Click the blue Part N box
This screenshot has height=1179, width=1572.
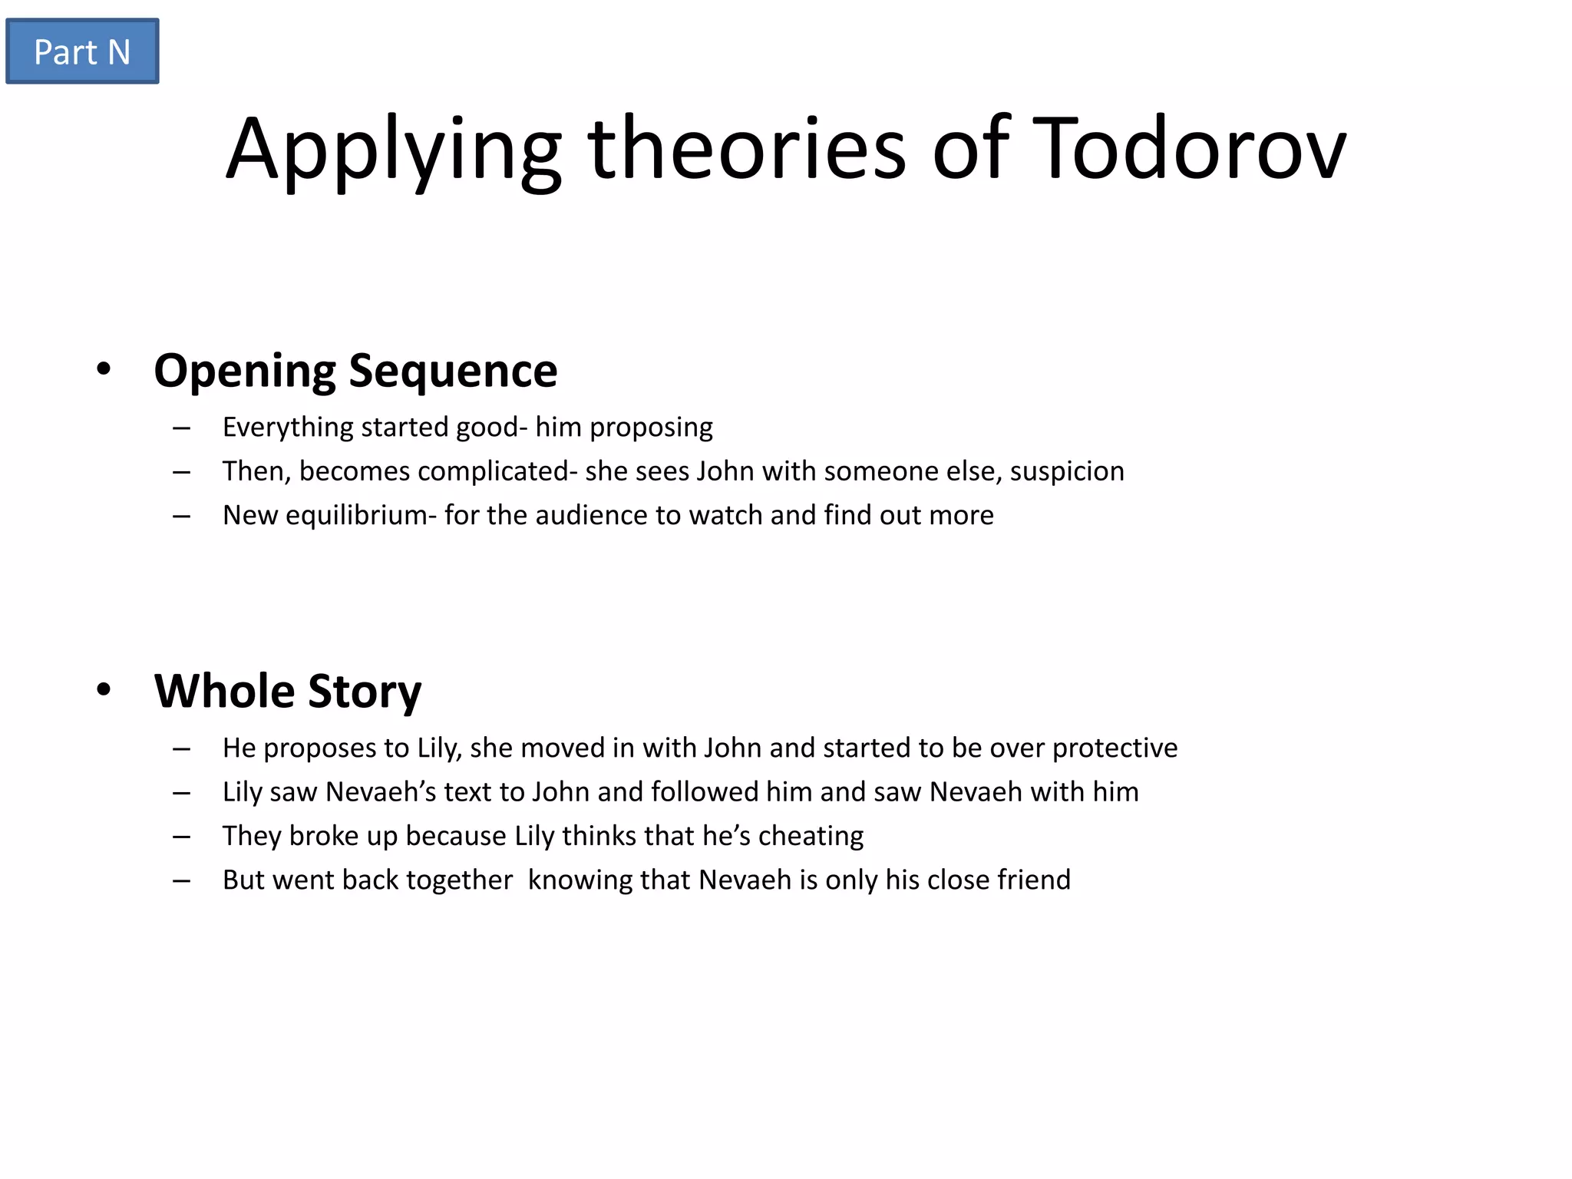(82, 51)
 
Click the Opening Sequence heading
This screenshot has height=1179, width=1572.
(355, 371)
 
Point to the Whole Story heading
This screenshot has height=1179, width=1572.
(288, 691)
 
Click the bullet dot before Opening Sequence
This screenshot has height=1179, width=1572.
(104, 370)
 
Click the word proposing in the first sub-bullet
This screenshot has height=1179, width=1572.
(651, 428)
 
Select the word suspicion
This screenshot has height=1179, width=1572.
(1067, 471)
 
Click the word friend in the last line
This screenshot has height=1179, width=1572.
(1034, 880)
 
